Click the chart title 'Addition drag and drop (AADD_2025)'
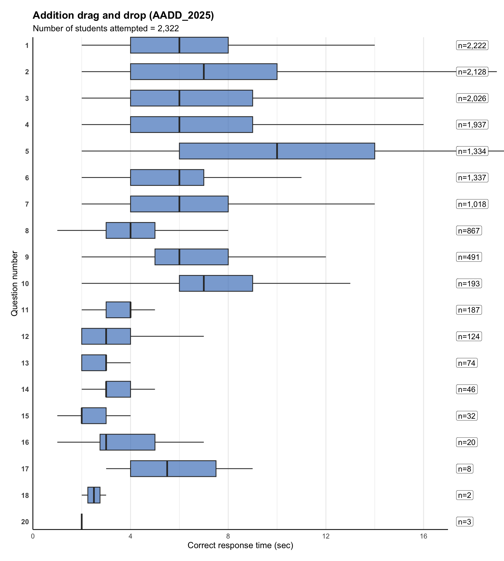click(x=123, y=15)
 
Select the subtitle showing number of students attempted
click(x=106, y=29)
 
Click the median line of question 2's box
click(x=204, y=72)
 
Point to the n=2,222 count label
click(x=472, y=46)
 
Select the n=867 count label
click(x=469, y=231)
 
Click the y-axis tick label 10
click(x=25, y=284)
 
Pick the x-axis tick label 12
click(x=326, y=536)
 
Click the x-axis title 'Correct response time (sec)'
click(x=240, y=546)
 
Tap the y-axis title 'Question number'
click(x=14, y=283)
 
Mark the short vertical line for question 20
click(x=82, y=522)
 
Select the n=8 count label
click(x=465, y=469)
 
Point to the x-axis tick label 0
click(x=33, y=536)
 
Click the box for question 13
click(x=94, y=363)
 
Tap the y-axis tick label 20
click(x=25, y=522)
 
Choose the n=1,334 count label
click(x=472, y=151)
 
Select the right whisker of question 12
click(x=167, y=336)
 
